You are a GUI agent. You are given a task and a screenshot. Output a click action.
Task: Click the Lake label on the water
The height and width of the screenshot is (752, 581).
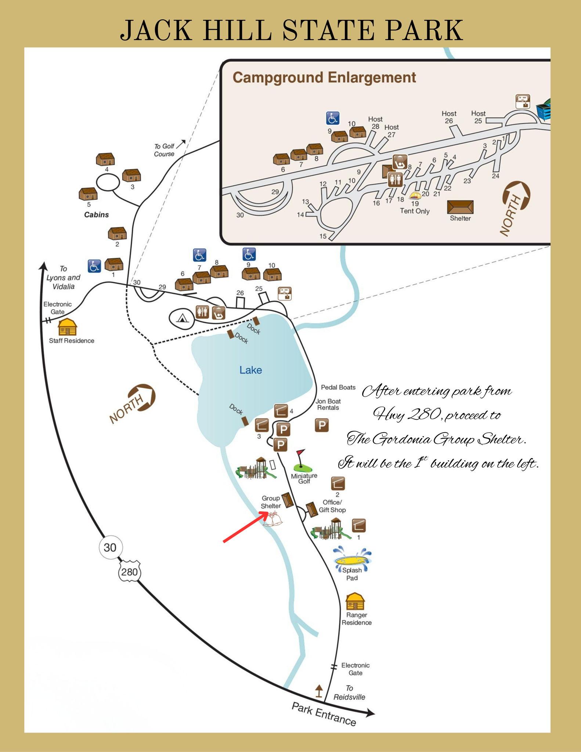click(x=250, y=370)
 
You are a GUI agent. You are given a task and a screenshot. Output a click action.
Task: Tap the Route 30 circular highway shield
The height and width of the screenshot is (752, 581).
click(x=110, y=547)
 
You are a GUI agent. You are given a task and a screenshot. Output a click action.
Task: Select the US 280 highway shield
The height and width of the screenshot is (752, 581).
click(x=130, y=572)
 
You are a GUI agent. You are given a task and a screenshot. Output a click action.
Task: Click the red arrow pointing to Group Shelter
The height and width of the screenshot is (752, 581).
click(x=245, y=528)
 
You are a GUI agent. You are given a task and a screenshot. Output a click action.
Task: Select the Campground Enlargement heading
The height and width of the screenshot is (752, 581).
click(x=324, y=78)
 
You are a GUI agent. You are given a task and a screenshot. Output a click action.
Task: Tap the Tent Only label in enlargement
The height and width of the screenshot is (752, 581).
click(x=415, y=211)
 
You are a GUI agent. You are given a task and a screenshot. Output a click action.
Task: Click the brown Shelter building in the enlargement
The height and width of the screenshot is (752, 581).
click(x=460, y=207)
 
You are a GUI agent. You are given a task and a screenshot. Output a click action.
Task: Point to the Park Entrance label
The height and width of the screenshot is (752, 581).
click(x=324, y=714)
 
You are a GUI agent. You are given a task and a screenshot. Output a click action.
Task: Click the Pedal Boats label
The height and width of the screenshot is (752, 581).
click(x=338, y=387)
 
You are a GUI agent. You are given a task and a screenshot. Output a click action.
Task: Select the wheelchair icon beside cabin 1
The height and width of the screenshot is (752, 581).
click(x=94, y=266)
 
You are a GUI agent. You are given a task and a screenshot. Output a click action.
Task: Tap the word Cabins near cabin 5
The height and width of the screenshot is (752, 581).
click(x=97, y=215)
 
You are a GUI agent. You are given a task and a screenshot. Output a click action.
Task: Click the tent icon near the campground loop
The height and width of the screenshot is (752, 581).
click(x=181, y=317)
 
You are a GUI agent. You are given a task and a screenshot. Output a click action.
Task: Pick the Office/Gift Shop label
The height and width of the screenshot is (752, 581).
click(x=332, y=506)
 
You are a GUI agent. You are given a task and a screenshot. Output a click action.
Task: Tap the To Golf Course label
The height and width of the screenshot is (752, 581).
click(x=164, y=150)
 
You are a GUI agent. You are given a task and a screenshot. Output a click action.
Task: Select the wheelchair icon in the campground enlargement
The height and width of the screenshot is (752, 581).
click(x=333, y=118)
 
